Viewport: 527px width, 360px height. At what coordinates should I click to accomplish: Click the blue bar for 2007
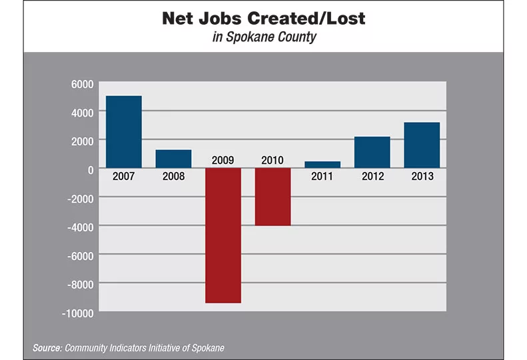(x=125, y=132)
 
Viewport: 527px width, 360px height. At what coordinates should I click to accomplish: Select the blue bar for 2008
(x=174, y=159)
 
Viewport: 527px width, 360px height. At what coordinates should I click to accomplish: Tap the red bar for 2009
(x=223, y=235)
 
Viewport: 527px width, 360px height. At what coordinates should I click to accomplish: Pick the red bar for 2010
(x=273, y=197)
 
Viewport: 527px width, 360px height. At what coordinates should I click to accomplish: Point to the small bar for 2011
(x=322, y=164)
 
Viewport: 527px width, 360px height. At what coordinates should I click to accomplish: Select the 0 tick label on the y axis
(x=89, y=169)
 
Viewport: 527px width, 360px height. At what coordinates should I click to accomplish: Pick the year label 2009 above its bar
(x=223, y=160)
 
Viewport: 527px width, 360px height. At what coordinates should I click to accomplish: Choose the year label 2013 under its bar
(x=422, y=177)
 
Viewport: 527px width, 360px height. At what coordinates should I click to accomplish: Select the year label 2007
(x=125, y=177)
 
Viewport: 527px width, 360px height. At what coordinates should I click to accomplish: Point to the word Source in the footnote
(x=47, y=348)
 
